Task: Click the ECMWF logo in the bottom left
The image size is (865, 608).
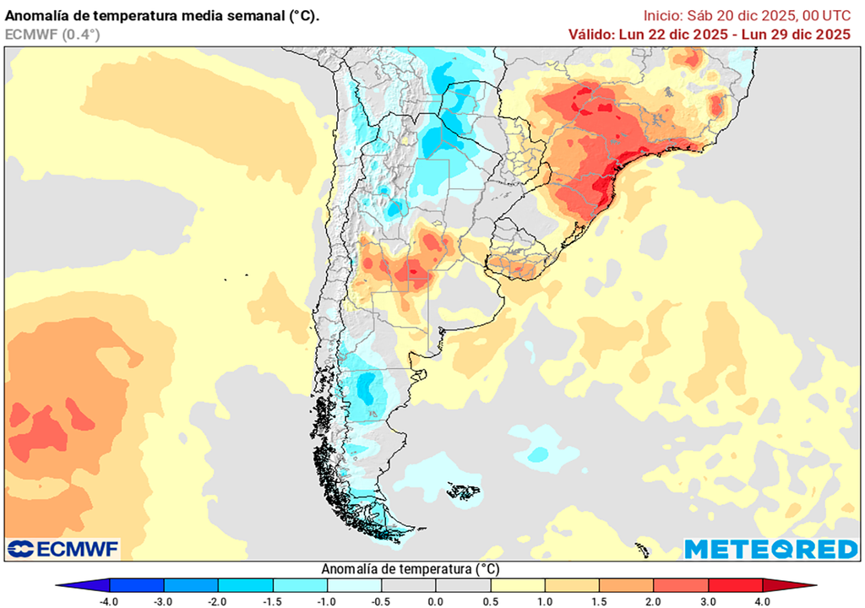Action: coord(63,549)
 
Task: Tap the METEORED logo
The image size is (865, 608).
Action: coord(770,549)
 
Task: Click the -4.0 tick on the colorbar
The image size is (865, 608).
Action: coord(108,601)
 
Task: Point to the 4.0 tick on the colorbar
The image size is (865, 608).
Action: coord(763,601)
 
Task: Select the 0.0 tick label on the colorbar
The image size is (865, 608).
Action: coord(436,601)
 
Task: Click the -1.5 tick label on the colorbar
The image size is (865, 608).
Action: coord(272,601)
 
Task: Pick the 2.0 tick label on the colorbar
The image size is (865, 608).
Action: coord(654,601)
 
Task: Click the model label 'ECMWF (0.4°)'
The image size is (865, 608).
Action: coord(52,35)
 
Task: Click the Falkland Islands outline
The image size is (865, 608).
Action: coord(463,491)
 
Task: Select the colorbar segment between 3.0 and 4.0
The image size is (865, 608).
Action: coord(736,585)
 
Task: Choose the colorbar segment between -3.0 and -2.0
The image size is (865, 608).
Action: coord(190,585)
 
